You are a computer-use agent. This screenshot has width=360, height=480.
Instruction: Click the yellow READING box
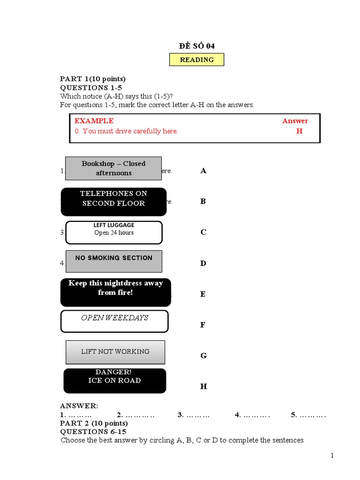coord(196,60)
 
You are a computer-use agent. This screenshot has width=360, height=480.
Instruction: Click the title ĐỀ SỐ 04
coord(196,45)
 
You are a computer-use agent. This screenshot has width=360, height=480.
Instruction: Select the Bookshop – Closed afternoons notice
coord(113,168)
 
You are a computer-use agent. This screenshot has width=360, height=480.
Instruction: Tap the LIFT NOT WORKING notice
coord(115,352)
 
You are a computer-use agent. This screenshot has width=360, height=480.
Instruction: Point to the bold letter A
coord(203,171)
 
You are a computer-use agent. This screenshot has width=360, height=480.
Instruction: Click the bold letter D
coord(203,263)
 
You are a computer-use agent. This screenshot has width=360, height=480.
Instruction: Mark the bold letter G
coord(203,356)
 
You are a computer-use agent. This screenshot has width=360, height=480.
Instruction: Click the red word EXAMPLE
coord(94,120)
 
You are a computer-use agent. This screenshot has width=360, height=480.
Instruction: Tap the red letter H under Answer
coord(299,131)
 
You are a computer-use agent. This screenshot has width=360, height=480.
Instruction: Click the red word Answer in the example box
coord(295,120)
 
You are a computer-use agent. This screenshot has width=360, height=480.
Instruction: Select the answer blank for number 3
coord(198,415)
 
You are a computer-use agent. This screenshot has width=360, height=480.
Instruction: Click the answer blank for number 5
coord(312,415)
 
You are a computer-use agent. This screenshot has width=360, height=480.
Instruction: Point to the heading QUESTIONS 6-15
coord(93,431)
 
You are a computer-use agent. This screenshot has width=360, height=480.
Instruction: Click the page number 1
coord(332,456)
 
